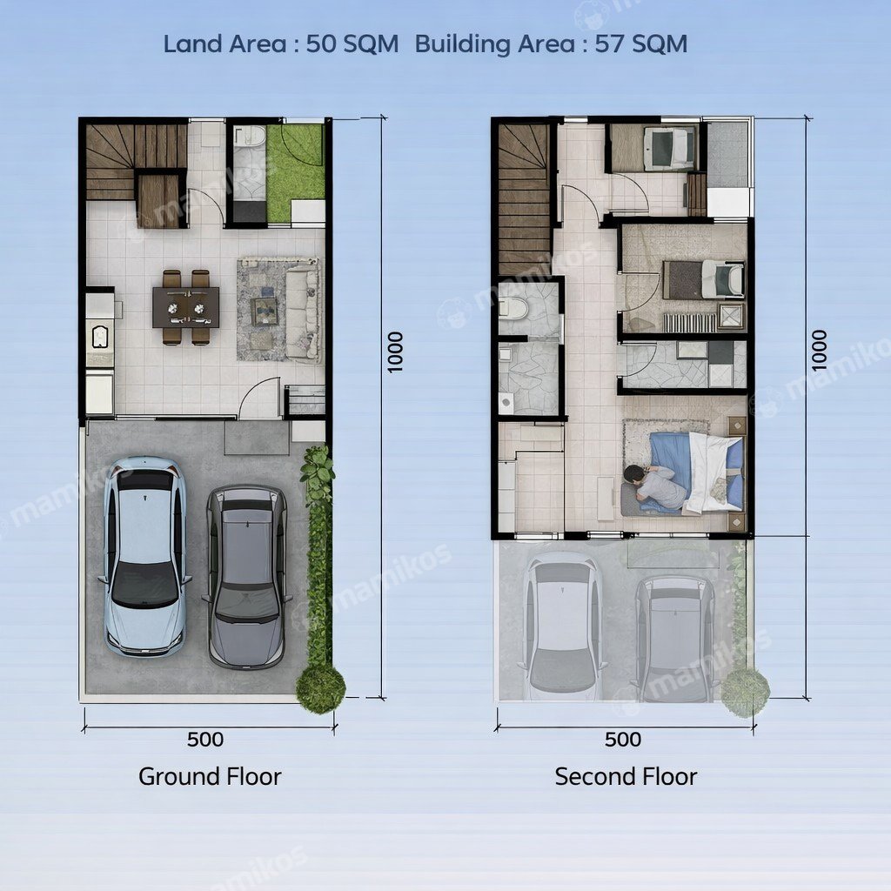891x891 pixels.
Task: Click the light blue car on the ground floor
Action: coord(145,557)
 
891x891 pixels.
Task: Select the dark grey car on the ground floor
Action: coord(247,576)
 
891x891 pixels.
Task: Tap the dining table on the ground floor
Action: coord(186,307)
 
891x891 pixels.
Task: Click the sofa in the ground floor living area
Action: coord(302,314)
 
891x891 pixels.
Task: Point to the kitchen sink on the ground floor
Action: coord(101,337)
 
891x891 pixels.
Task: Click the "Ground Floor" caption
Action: coord(210,776)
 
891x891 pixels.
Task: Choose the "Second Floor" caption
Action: coord(626,776)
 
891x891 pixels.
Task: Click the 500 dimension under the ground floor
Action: coord(205,739)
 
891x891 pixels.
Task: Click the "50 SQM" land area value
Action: coord(352,44)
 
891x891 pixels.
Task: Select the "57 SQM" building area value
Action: coord(641,44)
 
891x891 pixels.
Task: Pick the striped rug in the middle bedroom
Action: coord(689,322)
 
